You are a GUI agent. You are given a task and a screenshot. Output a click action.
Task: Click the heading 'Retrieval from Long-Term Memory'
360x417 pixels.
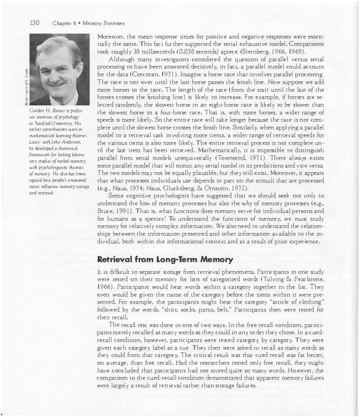tap(165, 260)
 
